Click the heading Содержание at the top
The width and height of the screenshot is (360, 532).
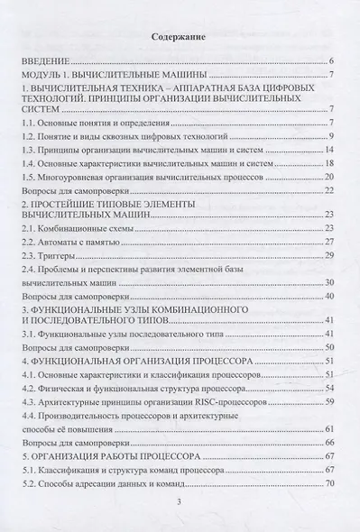coord(180,36)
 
